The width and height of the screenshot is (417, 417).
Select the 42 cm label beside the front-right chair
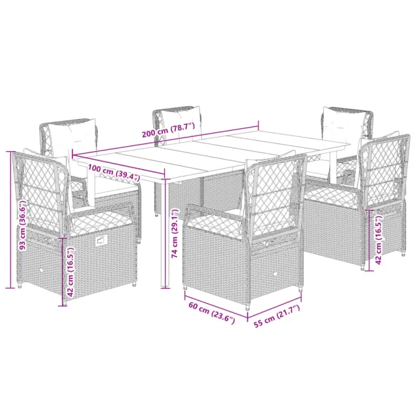click(380, 241)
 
